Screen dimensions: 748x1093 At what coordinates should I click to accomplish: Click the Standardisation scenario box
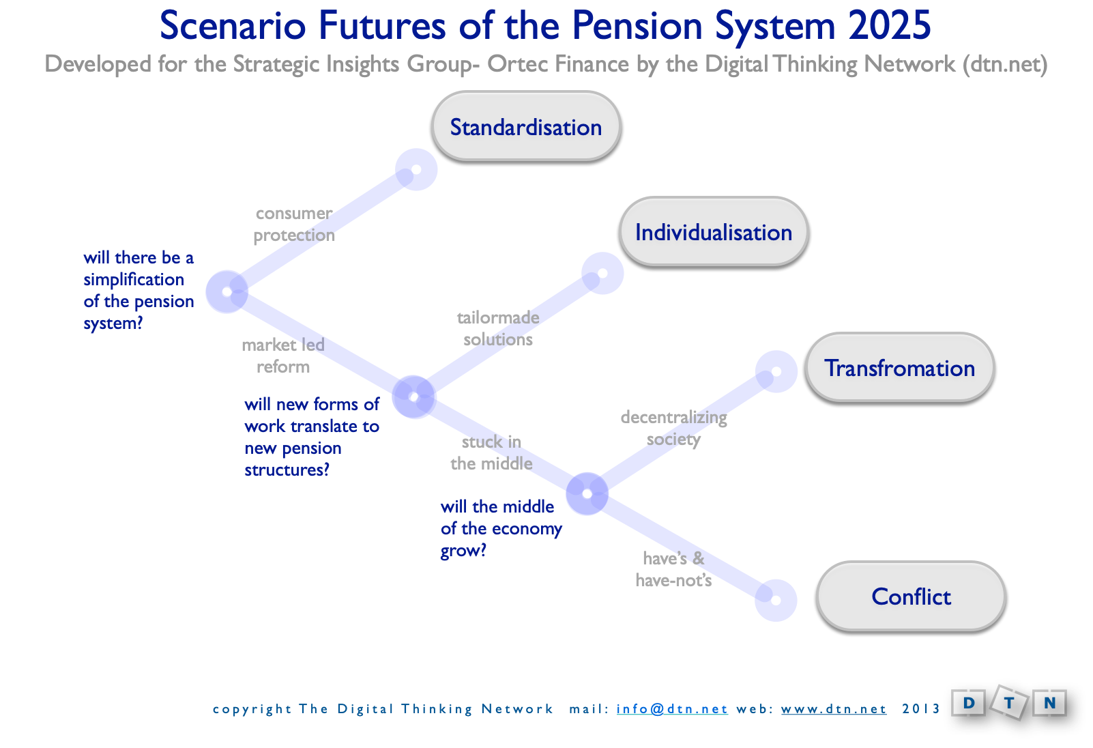(526, 126)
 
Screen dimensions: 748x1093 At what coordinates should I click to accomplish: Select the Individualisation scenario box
(714, 231)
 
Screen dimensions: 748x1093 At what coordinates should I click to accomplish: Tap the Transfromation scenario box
(900, 367)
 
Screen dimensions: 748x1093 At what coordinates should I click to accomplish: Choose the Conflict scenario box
(911, 596)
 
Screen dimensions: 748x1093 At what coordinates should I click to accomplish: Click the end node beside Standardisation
(416, 169)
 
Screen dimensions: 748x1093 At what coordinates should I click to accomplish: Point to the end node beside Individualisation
(602, 273)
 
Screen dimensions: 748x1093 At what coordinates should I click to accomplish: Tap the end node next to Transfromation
(776, 371)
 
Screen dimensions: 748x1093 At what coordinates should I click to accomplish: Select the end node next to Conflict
(776, 601)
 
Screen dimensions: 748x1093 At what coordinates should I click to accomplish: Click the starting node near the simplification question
(227, 291)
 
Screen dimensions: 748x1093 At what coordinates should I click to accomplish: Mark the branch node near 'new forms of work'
(413, 397)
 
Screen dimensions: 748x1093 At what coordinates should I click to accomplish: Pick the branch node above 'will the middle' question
(587, 494)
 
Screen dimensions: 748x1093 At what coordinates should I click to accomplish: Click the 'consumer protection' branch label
(294, 224)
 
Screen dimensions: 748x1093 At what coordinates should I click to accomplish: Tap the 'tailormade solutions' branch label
(498, 328)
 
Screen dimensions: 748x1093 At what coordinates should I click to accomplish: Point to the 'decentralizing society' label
(673, 428)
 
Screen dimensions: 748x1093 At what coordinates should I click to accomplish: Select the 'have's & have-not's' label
(673, 569)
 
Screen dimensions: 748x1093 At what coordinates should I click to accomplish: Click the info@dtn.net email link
(672, 709)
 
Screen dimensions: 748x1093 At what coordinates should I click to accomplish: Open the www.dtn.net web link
(834, 709)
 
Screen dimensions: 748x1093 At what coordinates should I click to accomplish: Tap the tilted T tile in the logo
(1009, 702)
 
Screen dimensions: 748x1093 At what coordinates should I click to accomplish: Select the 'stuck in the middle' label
(491, 452)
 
